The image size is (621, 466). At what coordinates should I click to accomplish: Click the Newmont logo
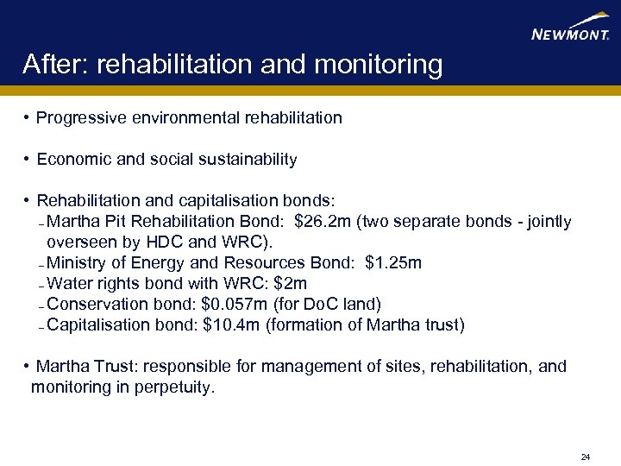(570, 27)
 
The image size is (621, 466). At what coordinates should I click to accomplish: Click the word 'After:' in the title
(57, 65)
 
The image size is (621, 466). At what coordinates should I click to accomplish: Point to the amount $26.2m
(323, 222)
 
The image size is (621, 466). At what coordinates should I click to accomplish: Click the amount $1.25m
(393, 263)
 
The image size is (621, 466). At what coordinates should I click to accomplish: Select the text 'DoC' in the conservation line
(316, 305)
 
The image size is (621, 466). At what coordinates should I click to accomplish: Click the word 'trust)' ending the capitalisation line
(442, 325)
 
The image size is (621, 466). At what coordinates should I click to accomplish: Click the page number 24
(586, 457)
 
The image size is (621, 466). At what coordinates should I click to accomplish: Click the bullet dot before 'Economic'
(28, 160)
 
